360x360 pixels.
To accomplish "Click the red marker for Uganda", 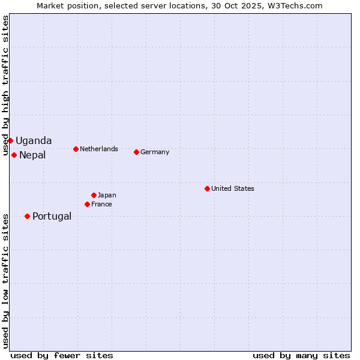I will pyautogui.click(x=10, y=140).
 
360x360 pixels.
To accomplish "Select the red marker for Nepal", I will pyautogui.click(x=14, y=155).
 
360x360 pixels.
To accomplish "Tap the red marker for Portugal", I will pyautogui.click(x=27, y=216).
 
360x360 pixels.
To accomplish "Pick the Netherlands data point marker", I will pyautogui.click(x=76, y=149).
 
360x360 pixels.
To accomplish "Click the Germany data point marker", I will pyautogui.click(x=136, y=152).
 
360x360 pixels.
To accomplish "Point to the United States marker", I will pyautogui.click(x=207, y=188).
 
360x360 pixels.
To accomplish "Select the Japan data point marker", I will pyautogui.click(x=94, y=195).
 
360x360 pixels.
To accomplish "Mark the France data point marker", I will pyautogui.click(x=87, y=204).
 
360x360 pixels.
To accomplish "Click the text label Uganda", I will pyautogui.click(x=34, y=141).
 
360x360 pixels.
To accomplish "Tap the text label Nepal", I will pyautogui.click(x=32, y=155).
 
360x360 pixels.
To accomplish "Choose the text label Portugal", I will pyautogui.click(x=52, y=217).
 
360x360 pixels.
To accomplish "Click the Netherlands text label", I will pyautogui.click(x=99, y=149).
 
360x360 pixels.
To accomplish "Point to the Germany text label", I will pyautogui.click(x=155, y=152).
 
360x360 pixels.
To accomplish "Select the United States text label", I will pyautogui.click(x=233, y=188).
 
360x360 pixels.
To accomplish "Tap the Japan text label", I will pyautogui.click(x=107, y=195).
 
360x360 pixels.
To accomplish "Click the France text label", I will pyautogui.click(x=101, y=205).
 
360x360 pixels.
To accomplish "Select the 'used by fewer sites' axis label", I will pyautogui.click(x=62, y=355).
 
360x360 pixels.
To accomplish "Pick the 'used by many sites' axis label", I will pyautogui.click(x=301, y=355).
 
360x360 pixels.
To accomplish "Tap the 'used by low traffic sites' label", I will pyautogui.click(x=5, y=281).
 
